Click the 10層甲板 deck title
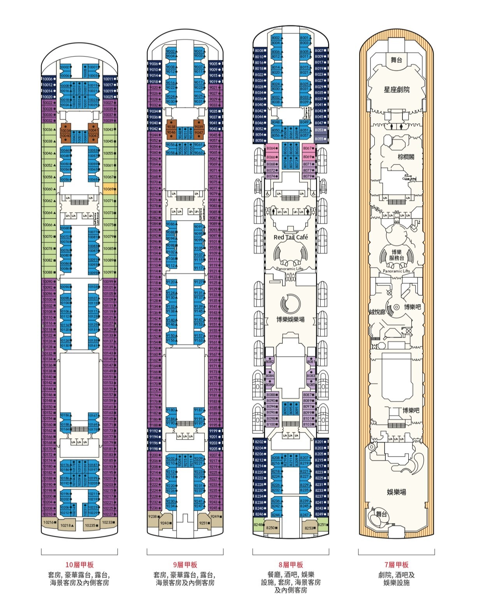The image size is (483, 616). pos(79,565)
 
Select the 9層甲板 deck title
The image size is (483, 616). pos(185,565)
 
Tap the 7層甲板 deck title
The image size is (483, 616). pos(396,565)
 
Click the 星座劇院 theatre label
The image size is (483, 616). pos(396,90)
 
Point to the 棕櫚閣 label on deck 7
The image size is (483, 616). pos(406,157)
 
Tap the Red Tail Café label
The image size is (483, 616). pos(290,237)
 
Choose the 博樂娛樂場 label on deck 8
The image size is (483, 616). pos(290,319)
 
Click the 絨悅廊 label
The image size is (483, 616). pos(377,312)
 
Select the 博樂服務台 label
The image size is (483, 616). pos(396,255)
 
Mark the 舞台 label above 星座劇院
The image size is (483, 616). pos(396,60)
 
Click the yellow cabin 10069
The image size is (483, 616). pos(109,189)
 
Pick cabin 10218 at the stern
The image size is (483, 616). pos(66,525)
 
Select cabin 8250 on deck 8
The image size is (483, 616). pos(271,528)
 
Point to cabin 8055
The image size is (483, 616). pos(320,139)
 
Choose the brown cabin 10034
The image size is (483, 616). pos(65,131)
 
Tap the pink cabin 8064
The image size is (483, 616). pos(271,148)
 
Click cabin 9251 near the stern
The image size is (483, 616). pos(204,523)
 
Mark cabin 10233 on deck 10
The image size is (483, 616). pos(109,522)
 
